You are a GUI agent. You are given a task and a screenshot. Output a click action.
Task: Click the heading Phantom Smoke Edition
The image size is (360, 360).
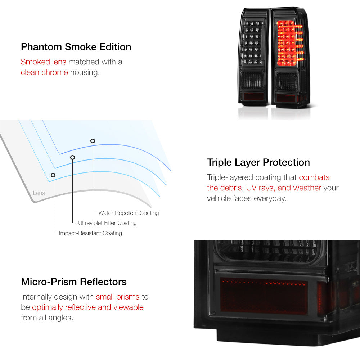pyautogui.click(x=76, y=47)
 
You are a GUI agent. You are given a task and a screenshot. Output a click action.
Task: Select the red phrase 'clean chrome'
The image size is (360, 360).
pyautogui.click(x=44, y=72)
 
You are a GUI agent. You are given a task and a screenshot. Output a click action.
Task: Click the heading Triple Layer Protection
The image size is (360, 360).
pyautogui.click(x=258, y=162)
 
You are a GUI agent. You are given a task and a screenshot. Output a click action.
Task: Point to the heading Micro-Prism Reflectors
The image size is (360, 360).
pyautogui.click(x=74, y=282)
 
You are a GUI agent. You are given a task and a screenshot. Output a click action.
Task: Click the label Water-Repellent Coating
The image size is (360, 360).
pyautogui.click(x=129, y=213)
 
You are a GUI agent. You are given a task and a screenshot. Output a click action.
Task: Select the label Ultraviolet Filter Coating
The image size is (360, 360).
pyautogui.click(x=107, y=223)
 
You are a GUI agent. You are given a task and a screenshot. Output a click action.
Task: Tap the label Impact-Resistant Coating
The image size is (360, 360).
pyautogui.click(x=90, y=233)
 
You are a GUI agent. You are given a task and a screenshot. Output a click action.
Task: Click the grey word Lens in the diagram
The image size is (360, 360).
pyautogui.click(x=39, y=193)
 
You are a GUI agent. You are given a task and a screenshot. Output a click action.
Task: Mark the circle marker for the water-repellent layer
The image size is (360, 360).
pyautogui.click(x=93, y=141)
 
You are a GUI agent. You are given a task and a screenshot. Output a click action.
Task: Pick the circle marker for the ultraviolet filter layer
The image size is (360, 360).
pyautogui.click(x=72, y=157)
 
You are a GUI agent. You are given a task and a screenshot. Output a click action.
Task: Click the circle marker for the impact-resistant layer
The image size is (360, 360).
pyautogui.click(x=53, y=175)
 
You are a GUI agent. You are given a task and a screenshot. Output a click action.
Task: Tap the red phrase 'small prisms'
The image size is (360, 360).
pyautogui.click(x=117, y=297)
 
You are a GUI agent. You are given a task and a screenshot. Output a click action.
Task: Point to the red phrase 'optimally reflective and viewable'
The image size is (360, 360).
pyautogui.click(x=87, y=307)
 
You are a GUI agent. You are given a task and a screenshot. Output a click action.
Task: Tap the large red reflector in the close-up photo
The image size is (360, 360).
pyautogui.click(x=264, y=295)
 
